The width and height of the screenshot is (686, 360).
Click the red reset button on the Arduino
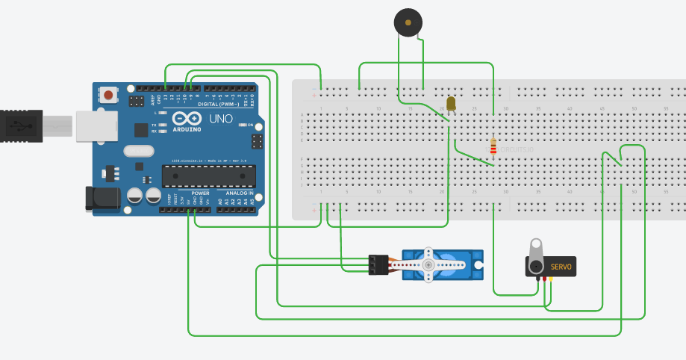pos(110,95)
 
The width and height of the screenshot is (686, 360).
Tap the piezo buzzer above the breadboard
pos(407,23)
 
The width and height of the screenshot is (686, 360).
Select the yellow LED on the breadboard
pos(451,103)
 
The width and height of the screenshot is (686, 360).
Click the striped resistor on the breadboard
pos(493,145)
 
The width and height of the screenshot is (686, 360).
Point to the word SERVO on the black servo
pos(561,267)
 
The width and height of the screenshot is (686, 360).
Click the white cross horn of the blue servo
pos(428,265)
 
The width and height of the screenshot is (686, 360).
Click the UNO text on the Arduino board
pos(222,119)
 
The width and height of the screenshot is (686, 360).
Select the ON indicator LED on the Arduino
pos(243,125)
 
